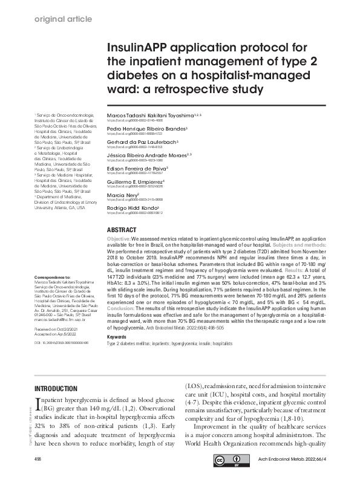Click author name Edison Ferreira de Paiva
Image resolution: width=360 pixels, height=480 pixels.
coord(136,168)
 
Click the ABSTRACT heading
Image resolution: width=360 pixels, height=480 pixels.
coord(121,231)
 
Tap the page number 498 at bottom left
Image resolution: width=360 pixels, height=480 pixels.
coord(39,460)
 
